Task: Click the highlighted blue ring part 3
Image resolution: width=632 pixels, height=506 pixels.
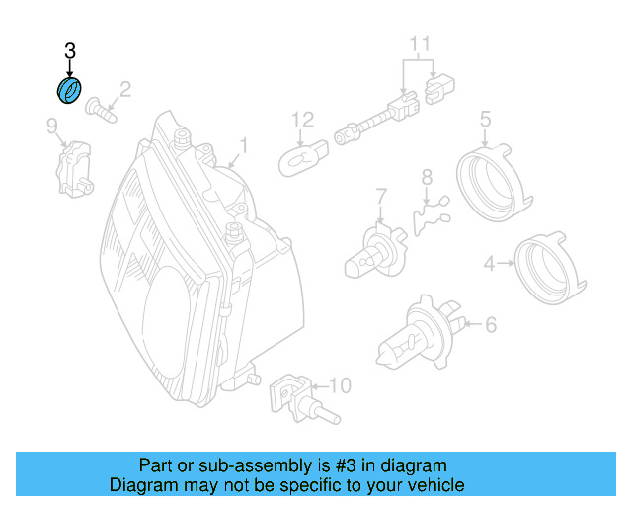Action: click(x=69, y=92)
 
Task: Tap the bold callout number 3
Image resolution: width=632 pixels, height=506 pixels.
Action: click(x=69, y=49)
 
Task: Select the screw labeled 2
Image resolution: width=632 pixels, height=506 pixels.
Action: click(x=101, y=108)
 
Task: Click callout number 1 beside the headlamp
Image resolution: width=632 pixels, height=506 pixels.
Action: click(x=244, y=149)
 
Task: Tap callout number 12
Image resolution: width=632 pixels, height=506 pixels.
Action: click(x=303, y=121)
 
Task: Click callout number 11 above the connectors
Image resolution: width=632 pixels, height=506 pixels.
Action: click(x=421, y=44)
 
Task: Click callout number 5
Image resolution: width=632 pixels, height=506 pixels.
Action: click(x=485, y=121)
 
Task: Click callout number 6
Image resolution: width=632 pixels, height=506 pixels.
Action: click(x=491, y=324)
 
